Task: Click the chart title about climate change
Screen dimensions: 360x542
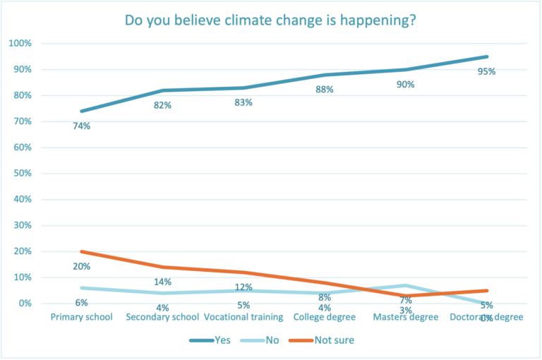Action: pyautogui.click(x=270, y=20)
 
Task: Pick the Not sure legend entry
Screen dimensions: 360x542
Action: pyautogui.click(x=325, y=340)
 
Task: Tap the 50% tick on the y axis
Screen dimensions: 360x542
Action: pyautogui.click(x=22, y=174)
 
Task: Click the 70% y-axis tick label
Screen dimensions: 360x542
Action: pyautogui.click(x=22, y=121)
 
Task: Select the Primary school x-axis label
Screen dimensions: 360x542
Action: pyautogui.click(x=82, y=317)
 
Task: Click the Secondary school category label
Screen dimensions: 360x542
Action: pyautogui.click(x=163, y=317)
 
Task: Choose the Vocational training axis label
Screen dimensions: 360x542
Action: pyautogui.click(x=244, y=317)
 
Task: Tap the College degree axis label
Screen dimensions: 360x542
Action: pyautogui.click(x=325, y=317)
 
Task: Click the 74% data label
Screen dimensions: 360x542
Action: pyautogui.click(x=82, y=126)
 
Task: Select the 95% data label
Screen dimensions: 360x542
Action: pyautogui.click(x=487, y=71)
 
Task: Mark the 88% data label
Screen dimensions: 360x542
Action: pyautogui.click(x=325, y=90)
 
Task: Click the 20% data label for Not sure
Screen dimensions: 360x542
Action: pyautogui.click(x=82, y=267)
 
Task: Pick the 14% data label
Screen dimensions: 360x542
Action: pyautogui.click(x=163, y=282)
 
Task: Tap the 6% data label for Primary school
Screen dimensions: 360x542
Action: pyautogui.click(x=82, y=303)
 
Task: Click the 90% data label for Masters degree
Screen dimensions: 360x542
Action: pyautogui.click(x=406, y=85)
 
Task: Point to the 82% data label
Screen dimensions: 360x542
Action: pyautogui.click(x=163, y=105)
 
